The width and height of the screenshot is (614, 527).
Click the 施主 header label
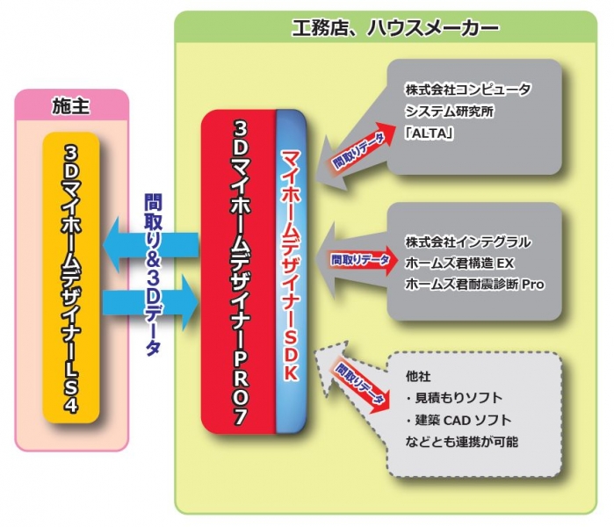[73, 108]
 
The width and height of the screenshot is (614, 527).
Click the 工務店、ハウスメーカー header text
[395, 28]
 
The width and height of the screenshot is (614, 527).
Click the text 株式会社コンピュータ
[468, 90]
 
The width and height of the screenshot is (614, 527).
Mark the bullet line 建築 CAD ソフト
[458, 420]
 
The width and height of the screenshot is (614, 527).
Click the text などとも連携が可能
[461, 441]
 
